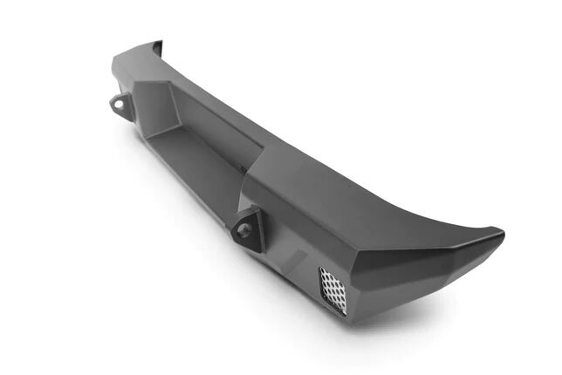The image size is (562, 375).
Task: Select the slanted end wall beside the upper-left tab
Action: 161,109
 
